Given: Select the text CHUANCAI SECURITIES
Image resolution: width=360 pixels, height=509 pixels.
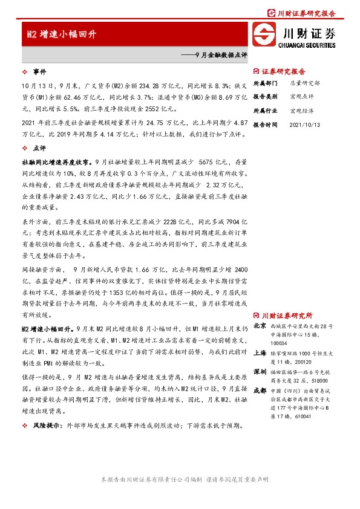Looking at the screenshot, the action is pyautogui.click(x=307, y=44).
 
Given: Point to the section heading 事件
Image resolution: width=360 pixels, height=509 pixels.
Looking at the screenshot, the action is pyautogui.click(x=39, y=70).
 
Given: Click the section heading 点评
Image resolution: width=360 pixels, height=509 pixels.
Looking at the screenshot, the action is pyautogui.click(x=39, y=148).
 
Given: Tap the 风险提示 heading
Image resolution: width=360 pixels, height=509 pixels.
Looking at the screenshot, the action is pyautogui.click(x=45, y=426).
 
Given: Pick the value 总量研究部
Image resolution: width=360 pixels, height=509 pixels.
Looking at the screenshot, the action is pyautogui.click(x=305, y=83).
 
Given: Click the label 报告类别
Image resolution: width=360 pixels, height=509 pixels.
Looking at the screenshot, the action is pyautogui.click(x=265, y=97).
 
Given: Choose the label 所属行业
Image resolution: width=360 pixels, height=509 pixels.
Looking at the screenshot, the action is pyautogui.click(x=265, y=111).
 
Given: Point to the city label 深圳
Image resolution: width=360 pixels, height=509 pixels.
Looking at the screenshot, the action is pyautogui.click(x=260, y=371).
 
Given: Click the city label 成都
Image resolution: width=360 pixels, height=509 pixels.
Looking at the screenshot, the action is pyautogui.click(x=260, y=390).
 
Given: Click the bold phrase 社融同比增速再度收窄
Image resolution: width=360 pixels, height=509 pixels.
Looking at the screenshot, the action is pyautogui.click(x=56, y=162).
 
